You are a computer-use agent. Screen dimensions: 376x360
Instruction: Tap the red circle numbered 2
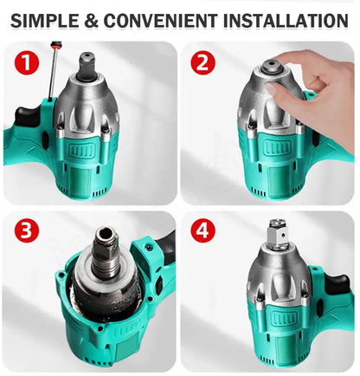204,62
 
